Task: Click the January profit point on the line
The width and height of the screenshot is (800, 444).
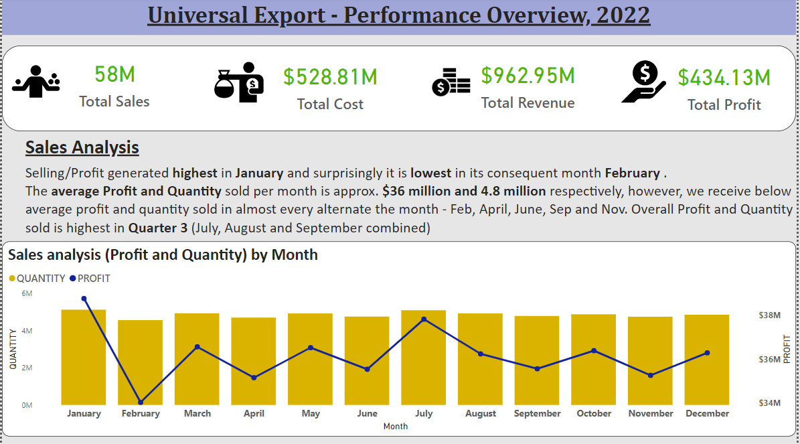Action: click(84, 299)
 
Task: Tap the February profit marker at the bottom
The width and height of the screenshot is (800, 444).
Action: click(141, 402)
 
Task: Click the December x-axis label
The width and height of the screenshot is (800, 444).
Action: click(707, 413)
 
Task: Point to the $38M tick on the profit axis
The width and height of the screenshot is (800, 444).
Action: click(769, 315)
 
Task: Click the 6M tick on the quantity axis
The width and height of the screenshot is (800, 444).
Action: click(27, 294)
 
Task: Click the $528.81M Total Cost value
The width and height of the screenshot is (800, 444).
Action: click(330, 76)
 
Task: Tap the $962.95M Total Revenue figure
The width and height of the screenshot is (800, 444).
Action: click(528, 76)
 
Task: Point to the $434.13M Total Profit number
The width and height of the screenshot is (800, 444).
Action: click(724, 78)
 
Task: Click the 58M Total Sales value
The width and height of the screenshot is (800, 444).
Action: click(114, 74)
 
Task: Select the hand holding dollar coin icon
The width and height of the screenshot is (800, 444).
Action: click(643, 82)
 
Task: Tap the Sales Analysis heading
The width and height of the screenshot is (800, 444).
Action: click(82, 147)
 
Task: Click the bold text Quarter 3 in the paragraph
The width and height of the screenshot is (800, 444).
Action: click(158, 228)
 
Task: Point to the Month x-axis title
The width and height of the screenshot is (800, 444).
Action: click(396, 426)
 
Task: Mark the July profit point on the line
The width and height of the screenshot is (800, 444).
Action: click(424, 319)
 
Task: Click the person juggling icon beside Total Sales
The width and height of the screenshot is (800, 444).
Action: click(36, 82)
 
